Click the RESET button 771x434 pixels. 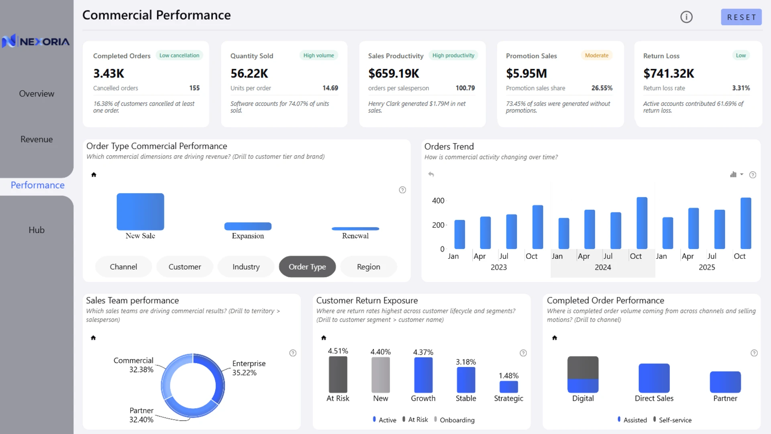tap(741, 17)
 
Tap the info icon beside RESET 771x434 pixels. tap(686, 17)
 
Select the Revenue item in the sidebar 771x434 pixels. tap(37, 139)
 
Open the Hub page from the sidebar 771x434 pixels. tap(37, 230)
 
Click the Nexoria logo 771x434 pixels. tap(36, 41)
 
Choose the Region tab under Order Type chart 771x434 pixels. tap(369, 267)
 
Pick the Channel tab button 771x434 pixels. tap(123, 267)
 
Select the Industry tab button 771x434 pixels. tap(246, 267)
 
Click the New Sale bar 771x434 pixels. tap(140, 212)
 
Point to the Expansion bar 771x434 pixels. tap(248, 226)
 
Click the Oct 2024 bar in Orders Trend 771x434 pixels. tap(642, 223)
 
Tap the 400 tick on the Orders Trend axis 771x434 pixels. tap(438, 201)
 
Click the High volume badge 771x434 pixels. tap(319, 55)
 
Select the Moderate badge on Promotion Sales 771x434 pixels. tap(597, 55)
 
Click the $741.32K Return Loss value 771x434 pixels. tap(669, 74)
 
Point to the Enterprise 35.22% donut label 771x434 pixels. tap(249, 368)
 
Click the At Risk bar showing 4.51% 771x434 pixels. tap(338, 375)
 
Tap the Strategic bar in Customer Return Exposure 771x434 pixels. tap(509, 387)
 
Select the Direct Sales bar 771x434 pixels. tap(654, 378)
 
